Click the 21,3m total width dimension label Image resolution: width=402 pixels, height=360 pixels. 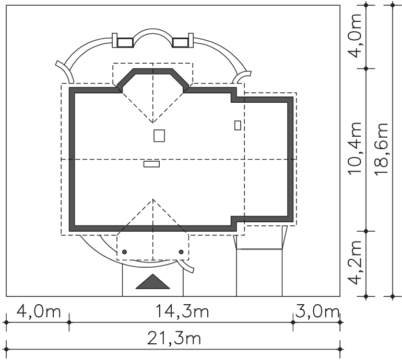[x=174, y=339]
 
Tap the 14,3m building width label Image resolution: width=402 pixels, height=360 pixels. [x=182, y=311]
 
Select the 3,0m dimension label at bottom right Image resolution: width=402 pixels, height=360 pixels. [x=317, y=311]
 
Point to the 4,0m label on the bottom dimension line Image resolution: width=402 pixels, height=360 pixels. [x=39, y=311]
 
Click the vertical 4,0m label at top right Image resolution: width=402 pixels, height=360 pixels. [x=355, y=36]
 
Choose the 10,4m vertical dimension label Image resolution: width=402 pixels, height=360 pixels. [x=355, y=149]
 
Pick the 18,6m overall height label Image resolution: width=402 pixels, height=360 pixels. [x=381, y=149]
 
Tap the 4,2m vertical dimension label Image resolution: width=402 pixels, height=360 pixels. [x=355, y=262]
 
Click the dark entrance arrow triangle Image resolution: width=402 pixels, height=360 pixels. [x=152, y=282]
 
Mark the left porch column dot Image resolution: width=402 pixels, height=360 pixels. [x=125, y=252]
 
